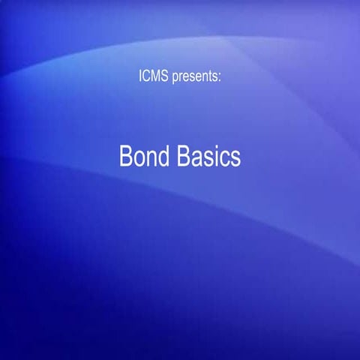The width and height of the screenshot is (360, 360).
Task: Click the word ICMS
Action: [154, 76]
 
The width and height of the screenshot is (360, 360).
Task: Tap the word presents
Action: [195, 76]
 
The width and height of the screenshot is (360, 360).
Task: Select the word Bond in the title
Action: [145, 157]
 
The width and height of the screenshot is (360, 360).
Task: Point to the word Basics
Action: [209, 157]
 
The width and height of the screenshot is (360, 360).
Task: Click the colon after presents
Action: [219, 77]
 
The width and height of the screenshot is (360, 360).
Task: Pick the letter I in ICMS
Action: [141, 76]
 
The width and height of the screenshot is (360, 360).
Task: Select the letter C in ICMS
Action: [147, 76]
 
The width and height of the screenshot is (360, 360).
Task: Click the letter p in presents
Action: [175, 77]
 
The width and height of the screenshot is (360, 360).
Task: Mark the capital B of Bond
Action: [126, 157]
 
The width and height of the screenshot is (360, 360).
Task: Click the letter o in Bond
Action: [139, 158]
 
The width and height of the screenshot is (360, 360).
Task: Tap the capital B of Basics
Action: [185, 157]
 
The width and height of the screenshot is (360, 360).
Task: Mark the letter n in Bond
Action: [152, 158]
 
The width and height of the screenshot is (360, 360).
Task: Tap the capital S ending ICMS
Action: [165, 76]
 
